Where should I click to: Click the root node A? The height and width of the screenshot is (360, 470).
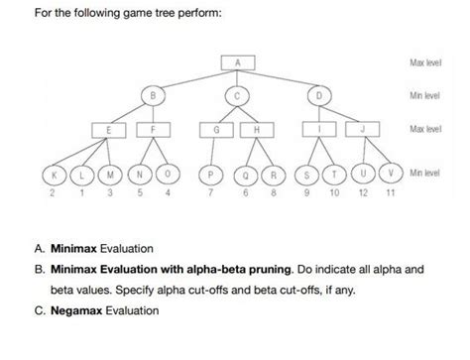click(238, 63)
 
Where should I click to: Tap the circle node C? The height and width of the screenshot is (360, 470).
click(238, 95)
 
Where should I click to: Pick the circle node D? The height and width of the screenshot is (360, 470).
click(319, 95)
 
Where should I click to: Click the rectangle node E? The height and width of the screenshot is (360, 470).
click(107, 130)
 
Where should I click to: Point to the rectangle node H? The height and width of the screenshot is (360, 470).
click(257, 130)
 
